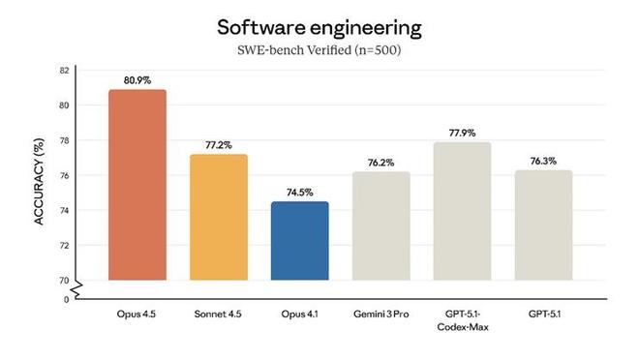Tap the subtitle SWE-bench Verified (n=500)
coord(319,49)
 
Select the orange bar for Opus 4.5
coord(137,185)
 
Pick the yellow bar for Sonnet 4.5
coord(218,217)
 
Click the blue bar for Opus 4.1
coord(299,241)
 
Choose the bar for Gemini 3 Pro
coord(380,225)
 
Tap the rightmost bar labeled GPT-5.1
coord(543,225)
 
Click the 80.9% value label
coord(137,79)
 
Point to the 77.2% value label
coord(218,144)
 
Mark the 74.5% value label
coord(299,192)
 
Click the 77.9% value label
coord(462,132)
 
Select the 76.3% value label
coord(543,160)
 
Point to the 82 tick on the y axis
coord(63,71)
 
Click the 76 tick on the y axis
coord(63,175)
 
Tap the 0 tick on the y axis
coord(66,299)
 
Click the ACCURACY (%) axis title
coord(40,185)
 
